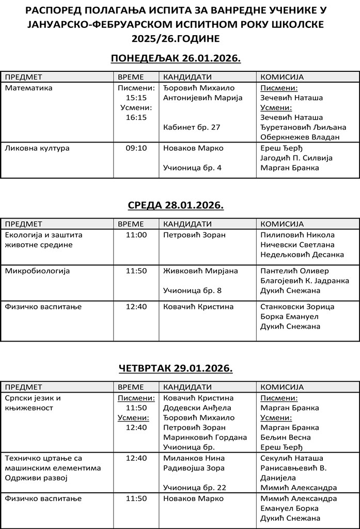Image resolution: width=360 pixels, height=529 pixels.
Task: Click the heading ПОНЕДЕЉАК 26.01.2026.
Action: [176, 58]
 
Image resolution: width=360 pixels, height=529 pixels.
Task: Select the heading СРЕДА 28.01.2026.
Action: [176, 206]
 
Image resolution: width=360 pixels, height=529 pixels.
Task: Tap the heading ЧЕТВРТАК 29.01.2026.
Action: [176, 368]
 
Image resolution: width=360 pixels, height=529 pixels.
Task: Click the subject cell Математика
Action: [28, 88]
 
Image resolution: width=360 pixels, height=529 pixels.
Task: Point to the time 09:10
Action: [136, 148]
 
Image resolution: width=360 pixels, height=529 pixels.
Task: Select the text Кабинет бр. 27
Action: [192, 127]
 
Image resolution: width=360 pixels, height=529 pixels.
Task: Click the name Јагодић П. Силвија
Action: [296, 158]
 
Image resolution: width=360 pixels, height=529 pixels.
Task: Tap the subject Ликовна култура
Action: [37, 148]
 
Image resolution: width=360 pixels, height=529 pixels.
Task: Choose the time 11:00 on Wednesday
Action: [136, 235]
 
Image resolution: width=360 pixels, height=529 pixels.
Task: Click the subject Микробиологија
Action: [37, 271]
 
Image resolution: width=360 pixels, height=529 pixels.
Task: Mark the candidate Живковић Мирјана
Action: [200, 271]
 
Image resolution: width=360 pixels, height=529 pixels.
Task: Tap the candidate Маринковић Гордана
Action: [205, 437]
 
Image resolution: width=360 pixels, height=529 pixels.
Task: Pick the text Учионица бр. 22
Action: [195, 487]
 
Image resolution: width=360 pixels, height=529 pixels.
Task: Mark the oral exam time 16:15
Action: [136, 117]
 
